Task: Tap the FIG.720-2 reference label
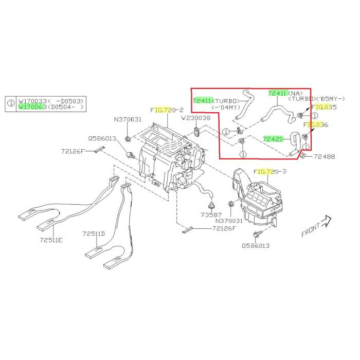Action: pos(167,110)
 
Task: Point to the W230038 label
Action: pos(196,118)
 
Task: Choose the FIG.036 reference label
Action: pos(315,124)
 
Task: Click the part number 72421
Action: pos(273,138)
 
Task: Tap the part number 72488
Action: pos(324,156)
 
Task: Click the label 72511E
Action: pos(52,240)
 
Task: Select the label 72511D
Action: pos(94,233)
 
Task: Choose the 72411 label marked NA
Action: pos(278,94)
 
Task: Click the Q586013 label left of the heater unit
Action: pos(102,138)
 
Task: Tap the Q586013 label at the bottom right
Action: pos(255,246)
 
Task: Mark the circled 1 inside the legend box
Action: pos(11,103)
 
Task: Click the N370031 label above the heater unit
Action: pos(128,119)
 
